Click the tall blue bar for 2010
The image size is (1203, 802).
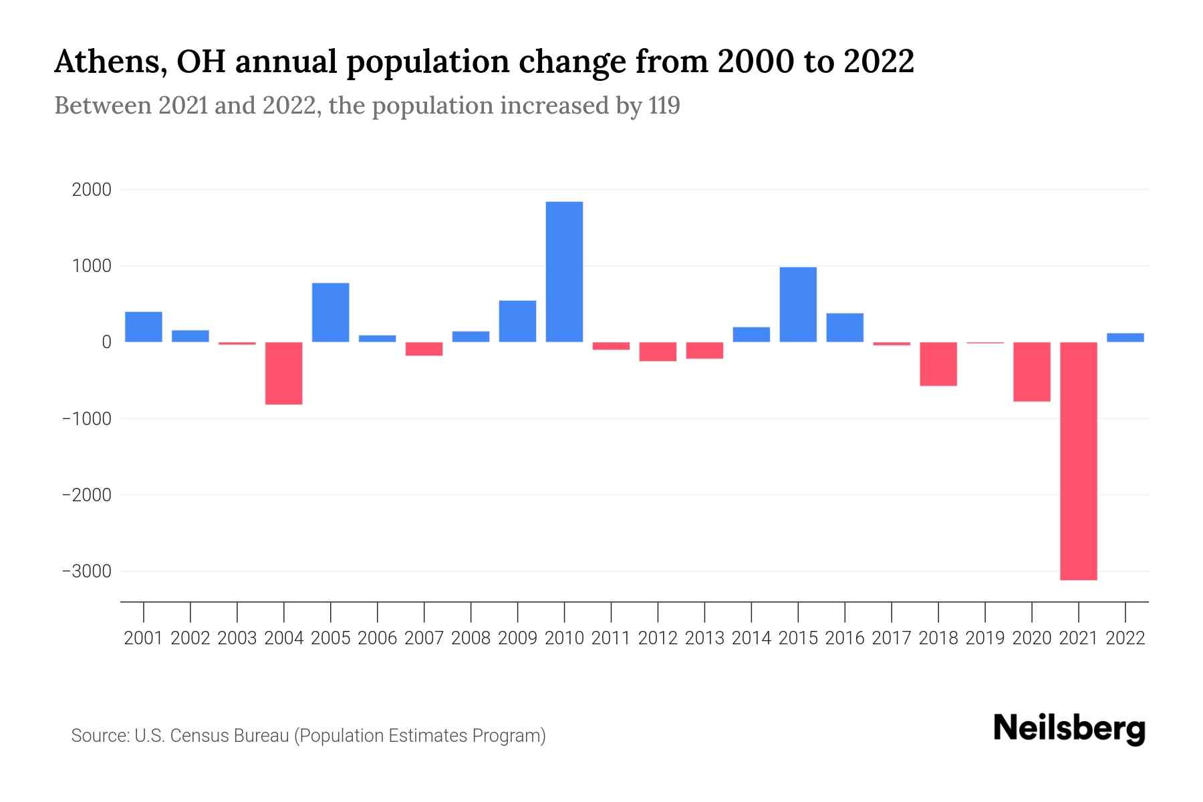pyautogui.click(x=564, y=272)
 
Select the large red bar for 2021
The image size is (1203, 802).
pyautogui.click(x=1079, y=461)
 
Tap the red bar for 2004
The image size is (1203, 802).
pyautogui.click(x=284, y=374)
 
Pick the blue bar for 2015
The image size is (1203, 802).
pyautogui.click(x=798, y=305)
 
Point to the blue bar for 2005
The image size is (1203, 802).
pyautogui.click(x=331, y=313)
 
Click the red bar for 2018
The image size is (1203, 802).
pyautogui.click(x=938, y=364)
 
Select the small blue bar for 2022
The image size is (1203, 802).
pyautogui.click(x=1125, y=338)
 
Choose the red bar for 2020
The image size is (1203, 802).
pyautogui.click(x=1032, y=372)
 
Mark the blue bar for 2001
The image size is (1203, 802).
pyautogui.click(x=144, y=327)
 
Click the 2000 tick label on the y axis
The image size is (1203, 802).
pyautogui.click(x=92, y=190)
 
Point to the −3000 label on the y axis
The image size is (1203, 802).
pyautogui.click(x=86, y=572)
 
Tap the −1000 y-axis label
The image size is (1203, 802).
pyautogui.click(x=86, y=419)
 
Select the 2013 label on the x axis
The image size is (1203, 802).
pyautogui.click(x=704, y=638)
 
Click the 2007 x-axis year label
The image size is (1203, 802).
pyautogui.click(x=424, y=638)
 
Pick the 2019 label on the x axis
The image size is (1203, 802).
pyautogui.click(x=985, y=638)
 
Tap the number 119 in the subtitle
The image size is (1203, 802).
pyautogui.click(x=664, y=106)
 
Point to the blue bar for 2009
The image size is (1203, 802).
pyautogui.click(x=517, y=321)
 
